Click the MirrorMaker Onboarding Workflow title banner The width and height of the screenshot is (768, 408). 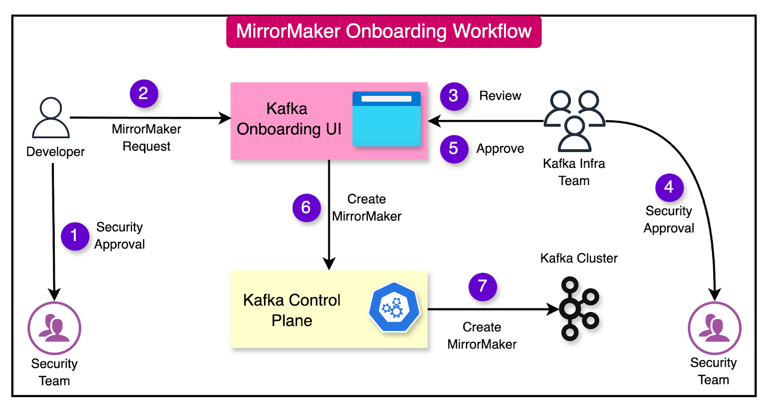click(x=384, y=32)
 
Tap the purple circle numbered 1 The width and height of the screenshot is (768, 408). click(x=74, y=236)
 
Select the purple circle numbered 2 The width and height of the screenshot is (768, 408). click(x=144, y=93)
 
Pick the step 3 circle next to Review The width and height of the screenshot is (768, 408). click(x=454, y=96)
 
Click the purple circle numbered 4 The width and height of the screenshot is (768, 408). click(x=669, y=187)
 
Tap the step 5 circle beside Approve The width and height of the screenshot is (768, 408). click(x=454, y=149)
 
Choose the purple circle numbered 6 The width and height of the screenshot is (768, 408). click(x=306, y=208)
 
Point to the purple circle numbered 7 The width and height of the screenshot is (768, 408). click(x=482, y=287)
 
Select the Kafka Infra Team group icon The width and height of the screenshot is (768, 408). click(x=574, y=120)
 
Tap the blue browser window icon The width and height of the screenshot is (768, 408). click(x=386, y=119)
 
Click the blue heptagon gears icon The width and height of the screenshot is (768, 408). click(x=394, y=308)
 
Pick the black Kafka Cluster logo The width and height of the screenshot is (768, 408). click(x=578, y=308)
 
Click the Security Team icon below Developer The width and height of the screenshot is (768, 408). click(x=54, y=328)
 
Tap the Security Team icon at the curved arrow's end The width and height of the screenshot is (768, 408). click(x=714, y=328)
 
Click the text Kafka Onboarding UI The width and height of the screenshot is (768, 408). click(x=288, y=119)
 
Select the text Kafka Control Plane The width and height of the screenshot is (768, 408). click(x=292, y=310)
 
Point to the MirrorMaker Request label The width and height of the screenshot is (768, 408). click(x=146, y=138)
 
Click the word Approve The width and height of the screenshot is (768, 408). click(x=500, y=149)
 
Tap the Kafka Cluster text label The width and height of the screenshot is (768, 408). click(x=578, y=258)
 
